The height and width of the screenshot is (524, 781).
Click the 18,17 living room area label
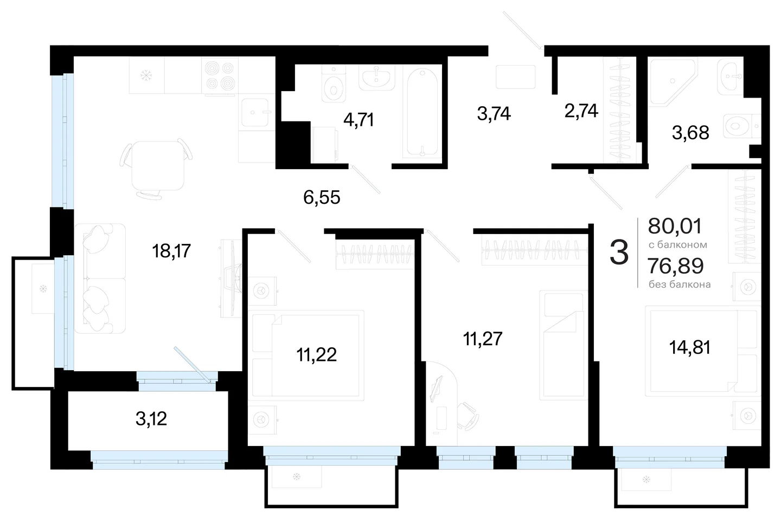[x=171, y=251]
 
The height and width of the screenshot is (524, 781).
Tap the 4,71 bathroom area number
[x=359, y=120]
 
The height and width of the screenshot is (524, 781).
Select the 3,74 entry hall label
[x=494, y=114]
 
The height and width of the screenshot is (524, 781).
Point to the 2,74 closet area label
[x=581, y=111]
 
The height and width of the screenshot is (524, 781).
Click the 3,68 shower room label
[x=690, y=133]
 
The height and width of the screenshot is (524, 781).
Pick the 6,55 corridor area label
[x=322, y=198]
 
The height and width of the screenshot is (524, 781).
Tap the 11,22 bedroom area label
[x=317, y=355]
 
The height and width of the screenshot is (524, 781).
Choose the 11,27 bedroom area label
[x=483, y=339]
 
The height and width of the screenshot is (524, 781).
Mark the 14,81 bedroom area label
[x=690, y=348]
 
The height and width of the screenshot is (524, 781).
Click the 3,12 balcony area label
[x=151, y=419]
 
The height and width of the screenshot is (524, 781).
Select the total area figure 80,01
[x=675, y=226]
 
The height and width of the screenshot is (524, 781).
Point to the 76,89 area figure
[x=676, y=266]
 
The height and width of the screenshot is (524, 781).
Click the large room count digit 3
[x=619, y=253]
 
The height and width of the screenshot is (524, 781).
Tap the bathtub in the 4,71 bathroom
[x=422, y=112]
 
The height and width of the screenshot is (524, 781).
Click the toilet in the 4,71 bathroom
[x=334, y=85]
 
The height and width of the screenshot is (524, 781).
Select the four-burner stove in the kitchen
[x=220, y=76]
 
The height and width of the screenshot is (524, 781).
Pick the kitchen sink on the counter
[x=255, y=112]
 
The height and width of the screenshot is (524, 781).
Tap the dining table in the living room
[x=158, y=166]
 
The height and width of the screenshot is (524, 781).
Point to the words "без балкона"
[x=680, y=284]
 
